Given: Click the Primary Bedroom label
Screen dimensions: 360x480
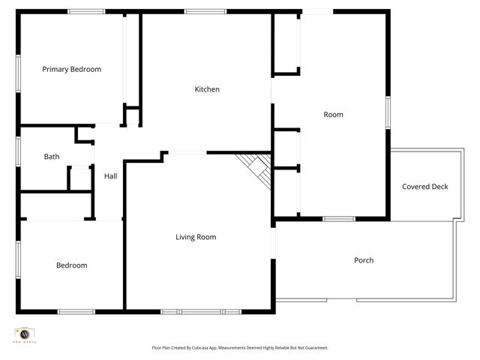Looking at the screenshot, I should click(71, 69).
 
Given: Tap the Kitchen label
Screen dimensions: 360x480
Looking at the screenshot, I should click(207, 89).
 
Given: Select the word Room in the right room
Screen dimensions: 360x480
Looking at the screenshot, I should click(333, 115).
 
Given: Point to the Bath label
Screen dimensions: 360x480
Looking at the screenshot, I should click(51, 157).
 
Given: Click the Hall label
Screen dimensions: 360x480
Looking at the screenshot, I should click(110, 176).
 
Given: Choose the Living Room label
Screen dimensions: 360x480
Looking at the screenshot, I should click(196, 237).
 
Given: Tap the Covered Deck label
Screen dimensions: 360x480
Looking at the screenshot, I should click(424, 187).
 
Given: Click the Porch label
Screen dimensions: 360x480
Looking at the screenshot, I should click(364, 260).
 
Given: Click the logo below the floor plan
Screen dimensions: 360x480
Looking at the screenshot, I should click(25, 334).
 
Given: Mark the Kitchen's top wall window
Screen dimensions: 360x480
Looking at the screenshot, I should click(205, 11).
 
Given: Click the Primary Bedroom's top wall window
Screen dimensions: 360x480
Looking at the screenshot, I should click(86, 11).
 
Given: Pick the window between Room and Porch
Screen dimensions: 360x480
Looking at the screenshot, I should click(339, 219).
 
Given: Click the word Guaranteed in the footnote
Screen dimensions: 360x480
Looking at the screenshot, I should click(314, 348).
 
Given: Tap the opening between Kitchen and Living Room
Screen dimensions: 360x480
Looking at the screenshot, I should click(187, 153).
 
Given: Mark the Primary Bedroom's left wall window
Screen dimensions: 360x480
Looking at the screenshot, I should click(18, 73).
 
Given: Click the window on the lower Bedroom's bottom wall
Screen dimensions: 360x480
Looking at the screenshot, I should click(76, 311).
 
